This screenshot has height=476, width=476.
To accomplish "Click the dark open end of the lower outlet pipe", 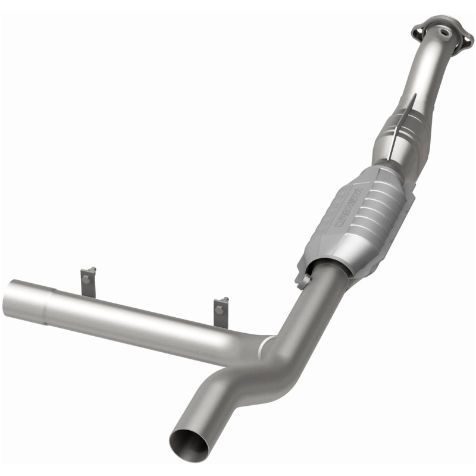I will pos(183,443).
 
